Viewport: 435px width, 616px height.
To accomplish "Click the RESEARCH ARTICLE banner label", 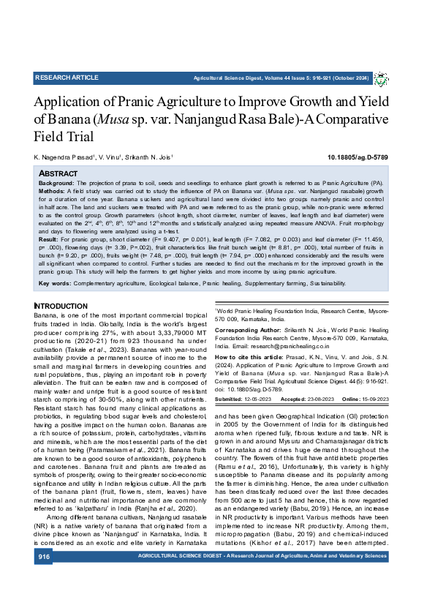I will point(66,78).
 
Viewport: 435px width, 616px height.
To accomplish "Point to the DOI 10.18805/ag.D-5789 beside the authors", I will point(358,157).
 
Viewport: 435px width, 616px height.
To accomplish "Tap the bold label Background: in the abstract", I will point(56,181).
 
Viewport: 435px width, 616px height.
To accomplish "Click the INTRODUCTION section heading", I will point(61,305).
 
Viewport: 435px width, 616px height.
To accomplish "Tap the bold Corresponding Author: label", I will point(249,331).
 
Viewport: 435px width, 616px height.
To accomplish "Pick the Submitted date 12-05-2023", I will point(262,399).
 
